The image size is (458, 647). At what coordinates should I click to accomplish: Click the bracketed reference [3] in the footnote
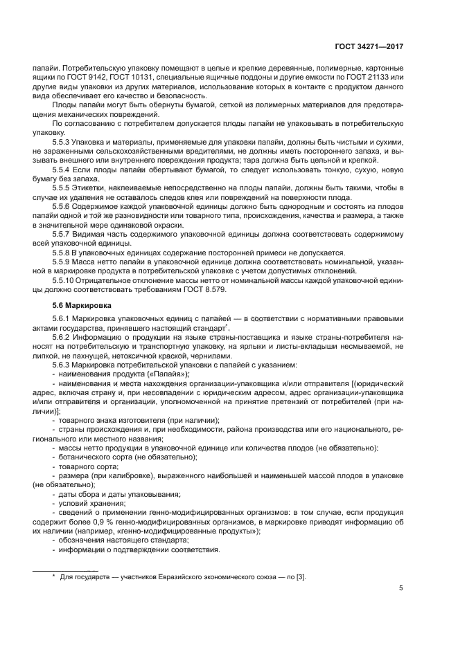pos(301,576)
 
